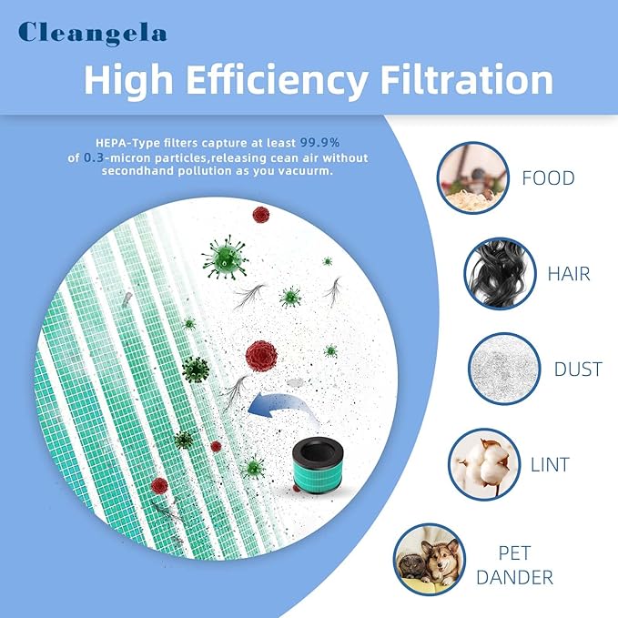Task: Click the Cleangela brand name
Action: (93, 33)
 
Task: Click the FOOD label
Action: (548, 177)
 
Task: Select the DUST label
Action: (578, 370)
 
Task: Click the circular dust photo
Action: (502, 370)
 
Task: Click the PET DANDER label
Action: (526, 564)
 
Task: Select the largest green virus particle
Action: (225, 257)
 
